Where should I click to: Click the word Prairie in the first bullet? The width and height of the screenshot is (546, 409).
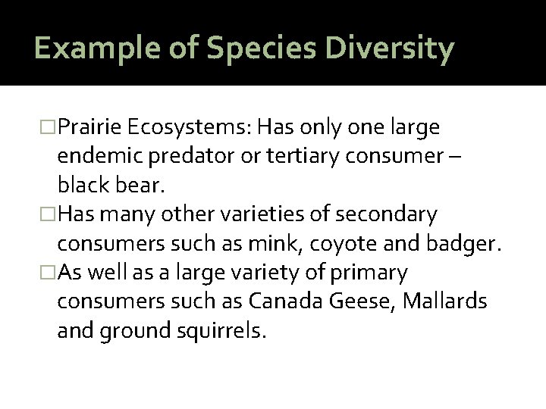(x=93, y=127)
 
